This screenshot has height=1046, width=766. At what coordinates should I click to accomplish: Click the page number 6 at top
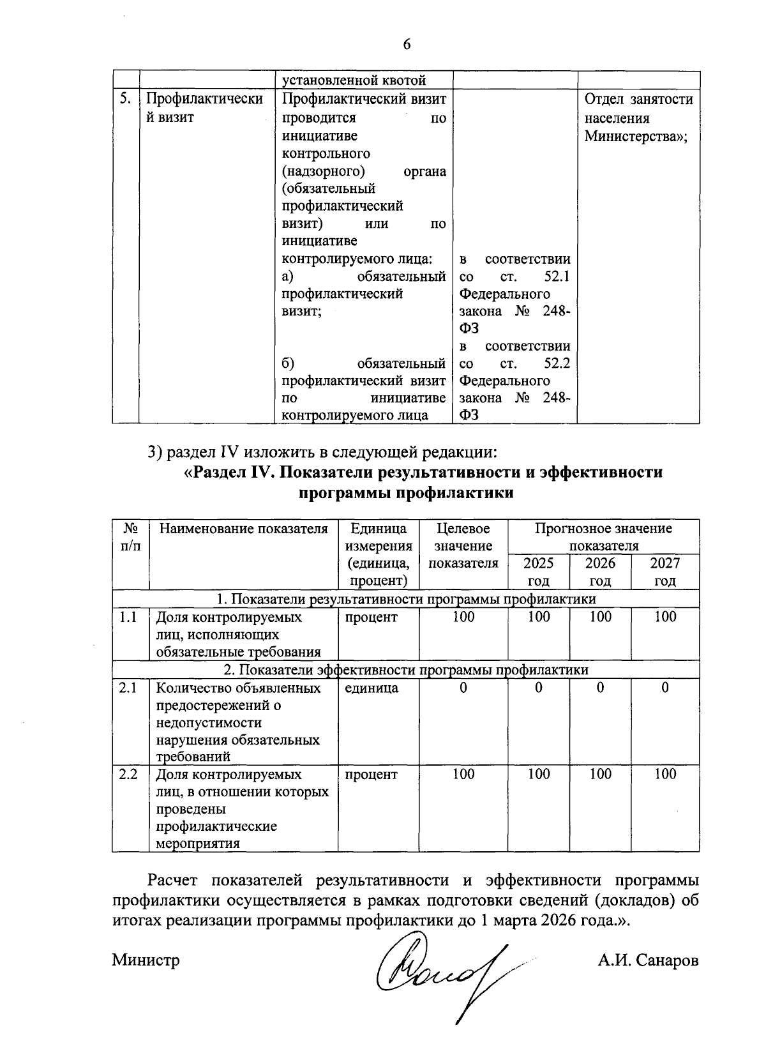(407, 44)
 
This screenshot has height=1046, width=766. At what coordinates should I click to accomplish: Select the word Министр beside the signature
(146, 960)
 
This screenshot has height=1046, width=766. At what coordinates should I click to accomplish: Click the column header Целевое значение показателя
(463, 546)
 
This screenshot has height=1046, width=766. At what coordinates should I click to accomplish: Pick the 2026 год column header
(600, 572)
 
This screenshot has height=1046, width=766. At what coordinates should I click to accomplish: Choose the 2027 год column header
(665, 572)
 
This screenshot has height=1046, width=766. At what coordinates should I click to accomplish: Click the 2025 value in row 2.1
(539, 688)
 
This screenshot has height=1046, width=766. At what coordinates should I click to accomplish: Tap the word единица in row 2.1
(372, 688)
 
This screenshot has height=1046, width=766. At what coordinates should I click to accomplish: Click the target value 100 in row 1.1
(463, 617)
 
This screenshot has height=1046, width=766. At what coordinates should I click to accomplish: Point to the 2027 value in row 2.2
(665, 774)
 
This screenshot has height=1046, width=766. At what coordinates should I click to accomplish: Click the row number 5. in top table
(126, 99)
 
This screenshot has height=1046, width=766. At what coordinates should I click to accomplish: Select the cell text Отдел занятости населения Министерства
(638, 118)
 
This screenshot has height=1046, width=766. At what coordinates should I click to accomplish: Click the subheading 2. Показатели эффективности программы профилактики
(405, 669)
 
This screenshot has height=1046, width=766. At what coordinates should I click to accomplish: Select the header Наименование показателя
(243, 529)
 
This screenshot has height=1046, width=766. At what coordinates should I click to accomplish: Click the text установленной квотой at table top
(354, 80)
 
